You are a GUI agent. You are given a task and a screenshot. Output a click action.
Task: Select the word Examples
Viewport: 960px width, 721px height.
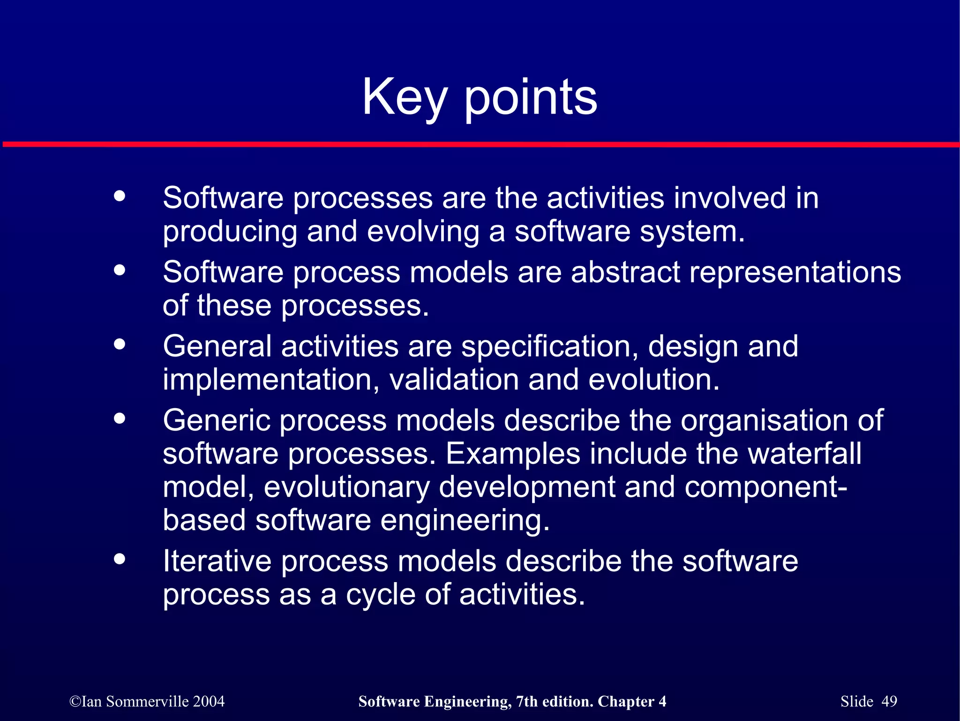(x=513, y=454)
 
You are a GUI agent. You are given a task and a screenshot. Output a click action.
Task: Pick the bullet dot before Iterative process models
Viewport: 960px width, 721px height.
(x=120, y=558)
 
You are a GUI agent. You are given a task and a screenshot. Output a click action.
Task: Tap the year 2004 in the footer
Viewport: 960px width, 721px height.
(x=209, y=701)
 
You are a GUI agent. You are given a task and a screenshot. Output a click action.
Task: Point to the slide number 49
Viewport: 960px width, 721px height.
(x=889, y=701)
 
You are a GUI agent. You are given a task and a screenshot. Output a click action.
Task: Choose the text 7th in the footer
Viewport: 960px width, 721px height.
(x=526, y=701)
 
